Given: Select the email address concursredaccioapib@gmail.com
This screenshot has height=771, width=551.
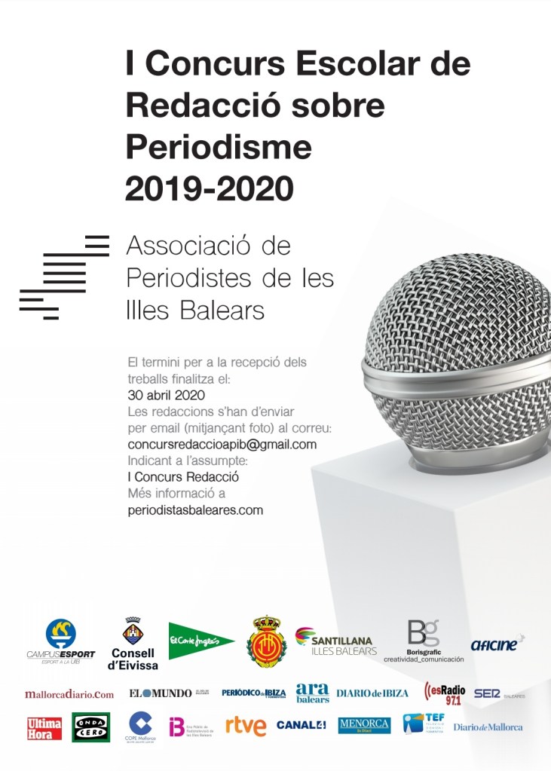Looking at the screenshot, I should (222, 445).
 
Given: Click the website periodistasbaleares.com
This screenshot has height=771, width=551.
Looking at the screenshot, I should (195, 510).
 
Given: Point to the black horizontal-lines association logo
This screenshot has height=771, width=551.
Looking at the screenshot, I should (64, 277).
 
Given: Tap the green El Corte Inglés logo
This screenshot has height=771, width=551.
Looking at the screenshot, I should (201, 641).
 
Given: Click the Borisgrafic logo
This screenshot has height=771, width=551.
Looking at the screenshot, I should (424, 641).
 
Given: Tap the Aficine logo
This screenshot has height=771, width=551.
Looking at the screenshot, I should (497, 644).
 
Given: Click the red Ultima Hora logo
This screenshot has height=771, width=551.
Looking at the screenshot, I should (44, 728).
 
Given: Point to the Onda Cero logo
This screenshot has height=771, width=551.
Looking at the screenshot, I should (91, 727).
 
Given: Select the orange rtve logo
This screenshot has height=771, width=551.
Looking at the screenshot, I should (246, 727).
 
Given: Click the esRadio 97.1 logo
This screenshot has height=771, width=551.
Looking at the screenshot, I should (445, 693).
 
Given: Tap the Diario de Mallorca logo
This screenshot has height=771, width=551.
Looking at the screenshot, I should (488, 727).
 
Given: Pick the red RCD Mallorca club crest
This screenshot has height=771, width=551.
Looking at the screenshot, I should (266, 641).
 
